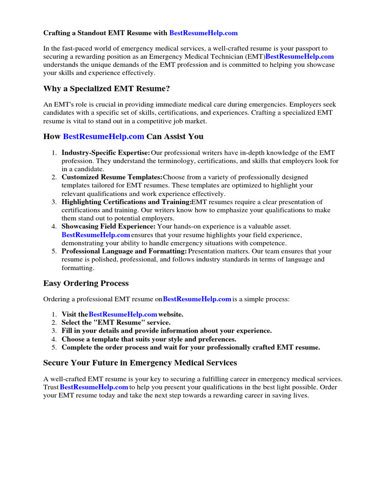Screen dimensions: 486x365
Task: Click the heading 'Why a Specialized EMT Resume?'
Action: (x=106, y=89)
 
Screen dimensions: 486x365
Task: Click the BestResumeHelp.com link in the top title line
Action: (x=203, y=33)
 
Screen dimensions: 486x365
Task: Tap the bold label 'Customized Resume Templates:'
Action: (x=112, y=177)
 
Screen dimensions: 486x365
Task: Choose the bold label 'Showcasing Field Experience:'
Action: (x=108, y=227)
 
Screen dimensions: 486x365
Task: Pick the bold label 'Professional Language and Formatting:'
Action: (x=124, y=251)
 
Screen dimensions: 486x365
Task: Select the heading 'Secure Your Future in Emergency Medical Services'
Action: (x=140, y=363)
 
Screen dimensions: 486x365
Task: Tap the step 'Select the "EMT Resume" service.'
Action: (x=116, y=322)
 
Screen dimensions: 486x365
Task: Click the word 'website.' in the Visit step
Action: (x=171, y=314)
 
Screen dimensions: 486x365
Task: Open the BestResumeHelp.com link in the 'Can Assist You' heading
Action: (x=104, y=137)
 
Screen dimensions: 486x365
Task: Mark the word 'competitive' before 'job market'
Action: (x=143, y=121)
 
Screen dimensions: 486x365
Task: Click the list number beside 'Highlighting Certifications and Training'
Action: (x=54, y=202)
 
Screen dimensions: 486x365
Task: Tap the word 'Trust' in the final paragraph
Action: (x=51, y=387)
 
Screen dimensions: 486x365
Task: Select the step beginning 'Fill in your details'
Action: (x=166, y=330)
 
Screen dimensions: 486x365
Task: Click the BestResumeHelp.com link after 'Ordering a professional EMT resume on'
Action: (x=197, y=299)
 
